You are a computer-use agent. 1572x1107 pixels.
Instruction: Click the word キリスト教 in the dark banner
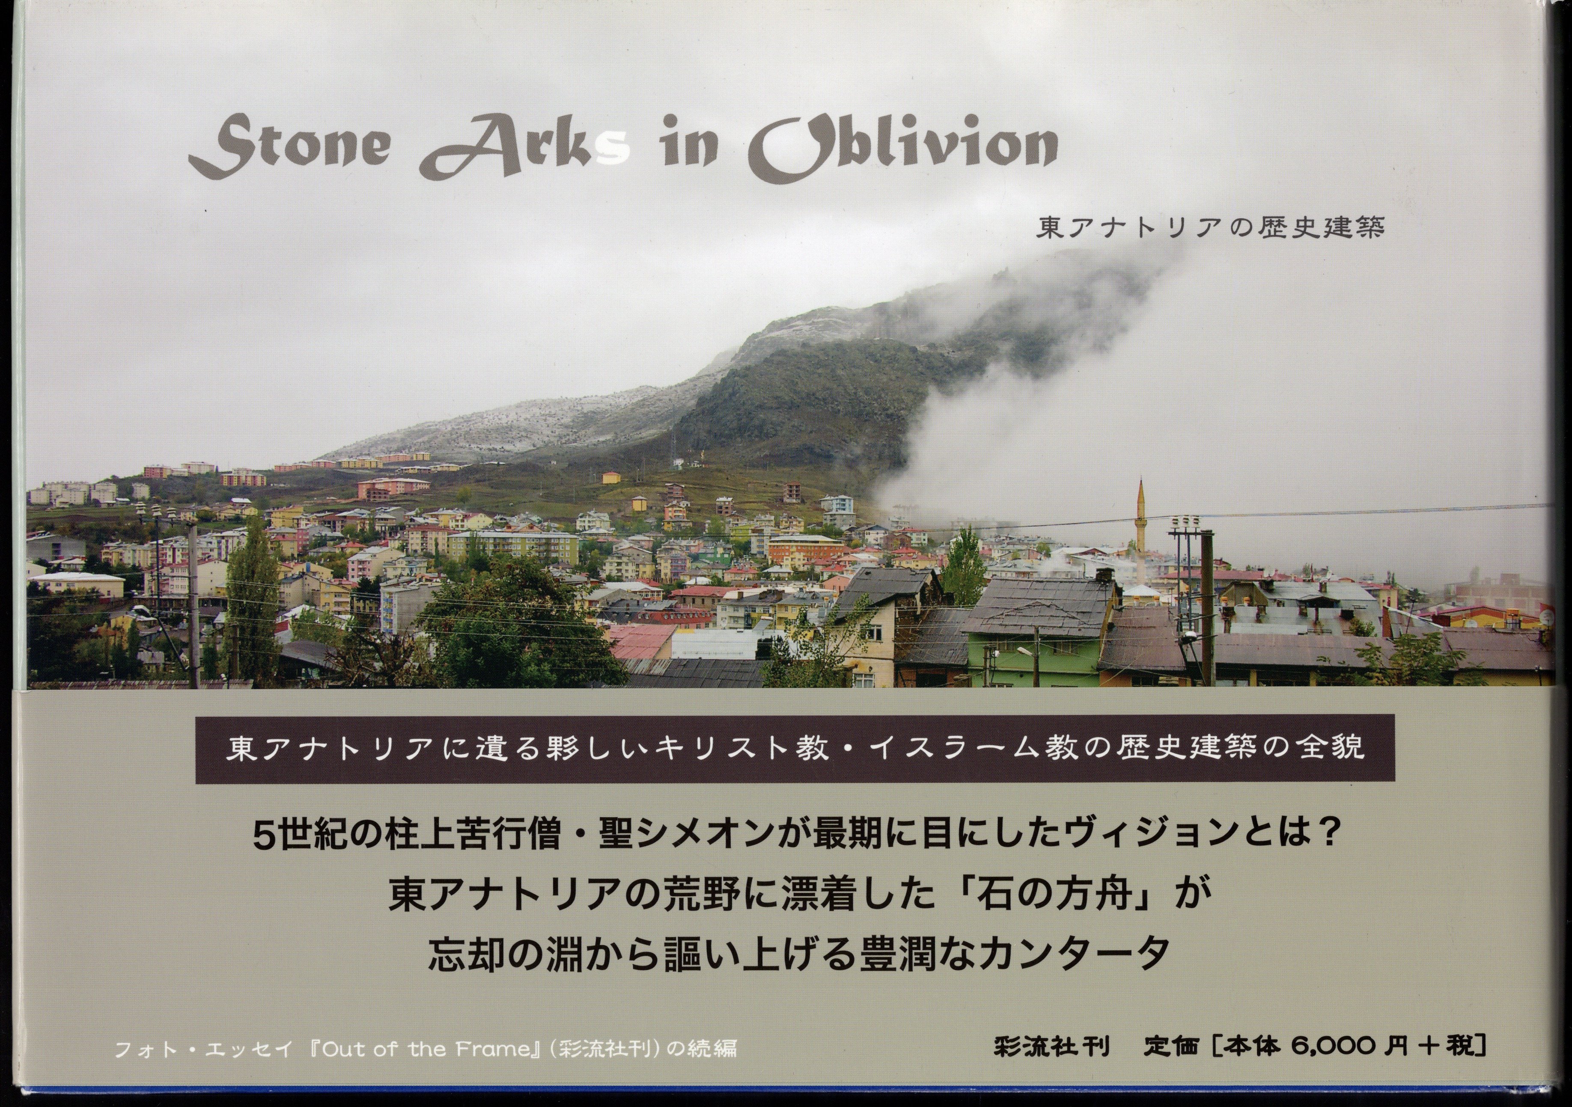(744, 747)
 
